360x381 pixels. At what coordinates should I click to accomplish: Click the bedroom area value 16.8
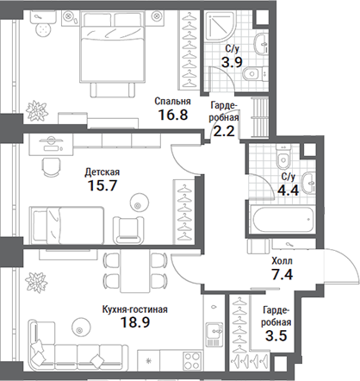coord(173,115)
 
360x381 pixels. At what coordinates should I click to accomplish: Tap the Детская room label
coord(102,172)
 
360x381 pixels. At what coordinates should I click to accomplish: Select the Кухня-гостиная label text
coord(135,309)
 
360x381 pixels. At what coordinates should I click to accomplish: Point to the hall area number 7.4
coord(282,274)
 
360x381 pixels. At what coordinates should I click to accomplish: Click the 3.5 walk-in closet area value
coord(276,335)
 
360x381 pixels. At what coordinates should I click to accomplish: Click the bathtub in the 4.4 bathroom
coord(282,220)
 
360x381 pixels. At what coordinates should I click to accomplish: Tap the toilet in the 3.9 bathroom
coord(254,74)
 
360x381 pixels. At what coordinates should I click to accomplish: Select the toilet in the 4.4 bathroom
coord(282,156)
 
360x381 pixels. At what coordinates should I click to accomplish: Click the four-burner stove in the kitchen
coord(192,360)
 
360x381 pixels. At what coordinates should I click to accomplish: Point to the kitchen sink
coord(214,334)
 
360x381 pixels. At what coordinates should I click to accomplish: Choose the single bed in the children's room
coord(67,224)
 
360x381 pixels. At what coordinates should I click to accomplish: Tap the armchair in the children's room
coord(128,230)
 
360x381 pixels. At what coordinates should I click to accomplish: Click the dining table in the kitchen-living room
coord(135,271)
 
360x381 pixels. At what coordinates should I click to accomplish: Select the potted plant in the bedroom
coord(36,110)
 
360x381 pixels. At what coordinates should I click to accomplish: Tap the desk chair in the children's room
coord(52,166)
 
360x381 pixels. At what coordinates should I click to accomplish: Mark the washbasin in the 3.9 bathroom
coord(261,44)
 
